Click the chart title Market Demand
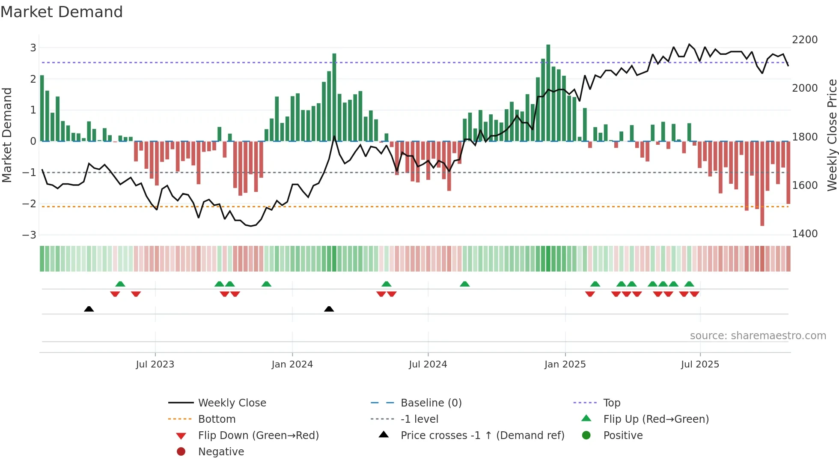coord(62,12)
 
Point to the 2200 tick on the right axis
coord(805,40)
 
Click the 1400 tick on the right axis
coord(805,234)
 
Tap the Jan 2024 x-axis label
coord(292,364)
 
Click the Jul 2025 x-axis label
coord(700,364)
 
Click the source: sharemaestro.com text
coord(758,336)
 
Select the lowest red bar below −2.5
coord(762,184)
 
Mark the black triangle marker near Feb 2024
coord(329,309)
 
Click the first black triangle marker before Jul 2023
coord(89,309)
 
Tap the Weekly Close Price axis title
coord(832,135)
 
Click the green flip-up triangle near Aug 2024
coord(464,284)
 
